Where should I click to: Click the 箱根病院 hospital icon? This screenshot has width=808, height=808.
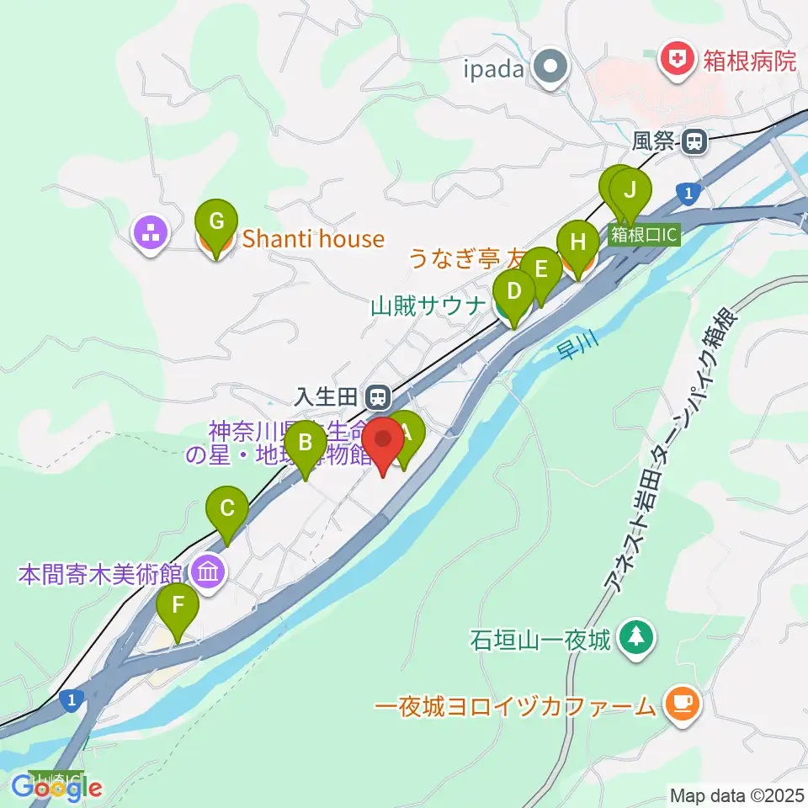pyautogui.click(x=676, y=59)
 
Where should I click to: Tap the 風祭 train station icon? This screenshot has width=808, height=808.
pyautogui.click(x=694, y=142)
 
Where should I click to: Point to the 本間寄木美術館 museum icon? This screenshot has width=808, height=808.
pyautogui.click(x=207, y=574)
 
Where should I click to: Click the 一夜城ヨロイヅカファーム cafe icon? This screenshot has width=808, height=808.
pyautogui.click(x=679, y=703)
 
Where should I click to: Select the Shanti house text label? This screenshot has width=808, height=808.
pyautogui.click(x=313, y=240)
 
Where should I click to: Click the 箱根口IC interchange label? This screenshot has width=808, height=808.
pyautogui.click(x=643, y=235)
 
